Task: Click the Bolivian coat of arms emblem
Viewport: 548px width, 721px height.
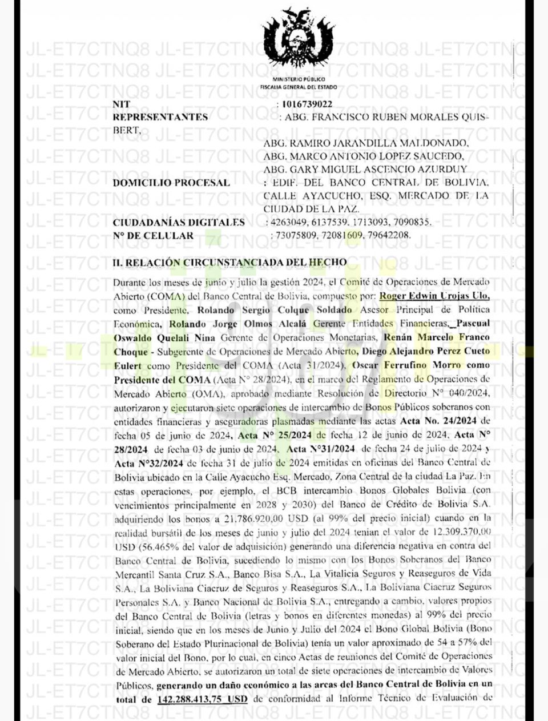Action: [x=298, y=40]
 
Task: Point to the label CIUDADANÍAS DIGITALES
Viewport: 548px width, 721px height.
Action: [x=179, y=223]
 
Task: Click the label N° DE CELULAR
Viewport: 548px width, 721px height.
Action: [x=153, y=235]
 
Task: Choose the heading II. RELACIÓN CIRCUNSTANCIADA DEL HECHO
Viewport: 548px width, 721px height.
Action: [x=229, y=262]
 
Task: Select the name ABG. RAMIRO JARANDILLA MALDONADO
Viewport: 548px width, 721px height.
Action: [x=366, y=143]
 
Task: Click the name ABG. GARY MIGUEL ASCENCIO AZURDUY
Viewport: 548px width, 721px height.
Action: [x=366, y=169]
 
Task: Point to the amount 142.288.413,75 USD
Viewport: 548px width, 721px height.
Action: [x=202, y=698]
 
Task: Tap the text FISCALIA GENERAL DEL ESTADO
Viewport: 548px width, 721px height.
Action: [x=299, y=87]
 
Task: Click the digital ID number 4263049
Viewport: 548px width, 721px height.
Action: [x=287, y=223]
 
